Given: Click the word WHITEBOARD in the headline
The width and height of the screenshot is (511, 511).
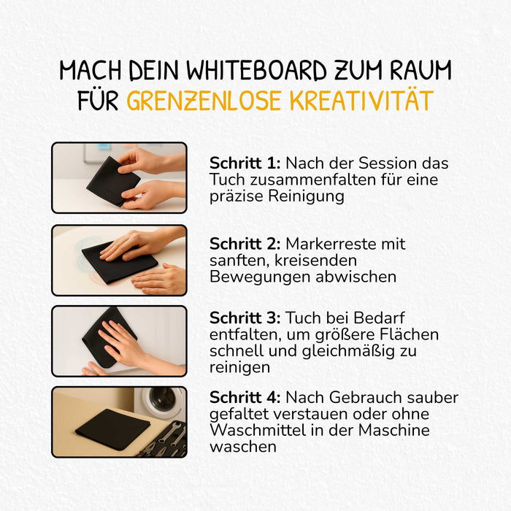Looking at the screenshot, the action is (256, 70).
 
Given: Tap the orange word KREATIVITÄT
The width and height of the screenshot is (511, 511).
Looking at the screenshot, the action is (362, 101).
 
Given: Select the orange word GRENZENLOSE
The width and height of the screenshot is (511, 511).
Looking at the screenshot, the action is (204, 101).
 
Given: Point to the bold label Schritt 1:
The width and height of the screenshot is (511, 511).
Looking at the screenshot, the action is (245, 163).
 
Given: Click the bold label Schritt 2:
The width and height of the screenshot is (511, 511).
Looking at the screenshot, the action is (245, 243).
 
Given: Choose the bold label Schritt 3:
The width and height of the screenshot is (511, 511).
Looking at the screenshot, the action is (245, 318).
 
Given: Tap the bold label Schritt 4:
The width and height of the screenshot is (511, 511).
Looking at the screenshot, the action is (245, 397).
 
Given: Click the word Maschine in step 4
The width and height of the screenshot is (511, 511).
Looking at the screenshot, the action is (393, 430).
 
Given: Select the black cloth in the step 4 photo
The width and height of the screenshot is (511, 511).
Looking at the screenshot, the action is (112, 429).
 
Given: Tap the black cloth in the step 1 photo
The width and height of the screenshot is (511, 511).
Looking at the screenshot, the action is (112, 181).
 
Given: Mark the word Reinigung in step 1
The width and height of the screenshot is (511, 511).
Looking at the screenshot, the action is (306, 196).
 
